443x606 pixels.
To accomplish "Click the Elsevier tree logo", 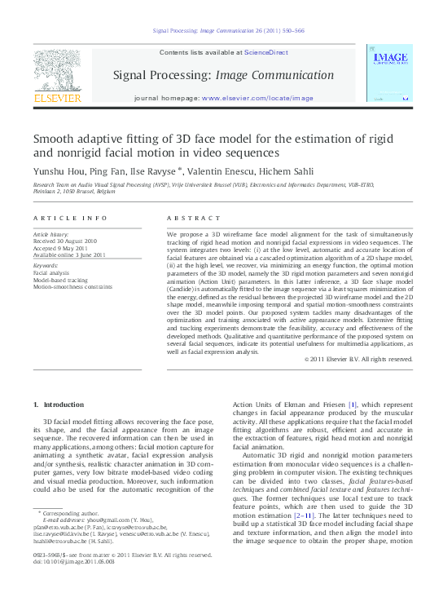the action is click(x=57, y=71).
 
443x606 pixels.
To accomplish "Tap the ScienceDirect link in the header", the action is click(x=266, y=52).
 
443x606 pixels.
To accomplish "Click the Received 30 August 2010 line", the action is click(x=65, y=241).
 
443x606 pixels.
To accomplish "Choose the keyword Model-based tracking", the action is click(x=64, y=280).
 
